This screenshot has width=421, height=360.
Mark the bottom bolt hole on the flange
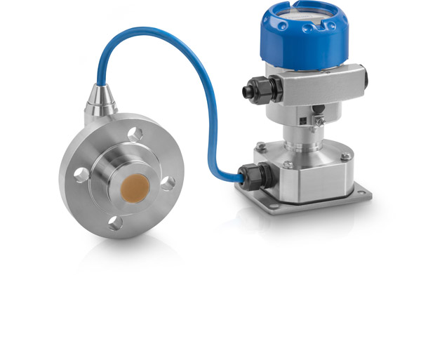coord(116,222)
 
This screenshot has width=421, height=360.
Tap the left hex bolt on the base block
coord(261,146)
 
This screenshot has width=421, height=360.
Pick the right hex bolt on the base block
coord(345,147)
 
